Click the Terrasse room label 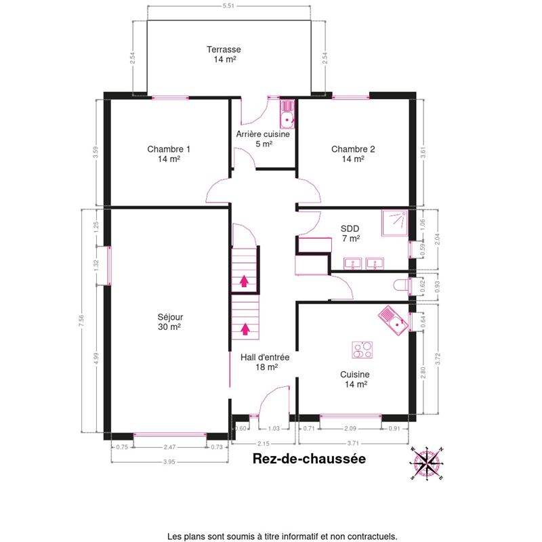(224, 54)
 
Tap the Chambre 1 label (169, 154)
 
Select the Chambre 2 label (353, 154)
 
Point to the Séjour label (170, 322)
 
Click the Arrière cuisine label (263, 139)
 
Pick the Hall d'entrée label (265, 362)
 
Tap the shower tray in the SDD (395, 223)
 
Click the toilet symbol (401, 285)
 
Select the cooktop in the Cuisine (362, 350)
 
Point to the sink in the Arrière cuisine (287, 114)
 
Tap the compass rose (428, 463)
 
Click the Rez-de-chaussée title (309, 459)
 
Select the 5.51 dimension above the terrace (228, 5)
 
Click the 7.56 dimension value (81, 320)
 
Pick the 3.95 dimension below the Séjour (169, 462)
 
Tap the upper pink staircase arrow (244, 281)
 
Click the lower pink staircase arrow (245, 329)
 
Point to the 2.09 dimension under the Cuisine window (350, 429)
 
